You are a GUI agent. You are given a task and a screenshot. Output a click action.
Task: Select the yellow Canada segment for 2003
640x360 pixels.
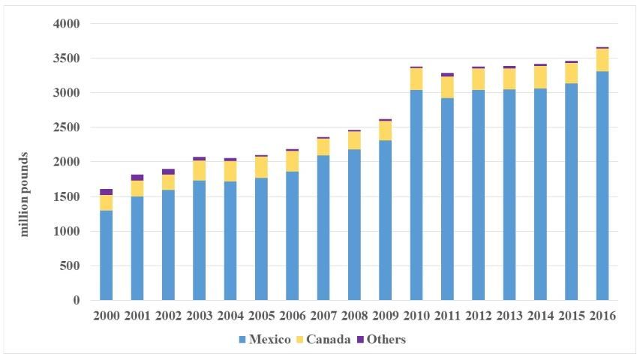[199, 170]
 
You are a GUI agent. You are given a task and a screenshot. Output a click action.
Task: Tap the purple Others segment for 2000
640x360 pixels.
[106, 192]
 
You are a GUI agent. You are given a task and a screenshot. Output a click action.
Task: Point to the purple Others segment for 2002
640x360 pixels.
[168, 172]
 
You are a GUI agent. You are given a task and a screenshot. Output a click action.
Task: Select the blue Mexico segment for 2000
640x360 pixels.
[106, 255]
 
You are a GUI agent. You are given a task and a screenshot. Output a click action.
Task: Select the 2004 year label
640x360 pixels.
[230, 316]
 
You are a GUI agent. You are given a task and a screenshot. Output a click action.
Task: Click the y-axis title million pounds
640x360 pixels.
[24, 194]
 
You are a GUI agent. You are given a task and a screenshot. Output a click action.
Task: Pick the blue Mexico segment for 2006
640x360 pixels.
[292, 235]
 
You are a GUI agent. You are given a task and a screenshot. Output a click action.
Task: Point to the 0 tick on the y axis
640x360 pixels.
[75, 301]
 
